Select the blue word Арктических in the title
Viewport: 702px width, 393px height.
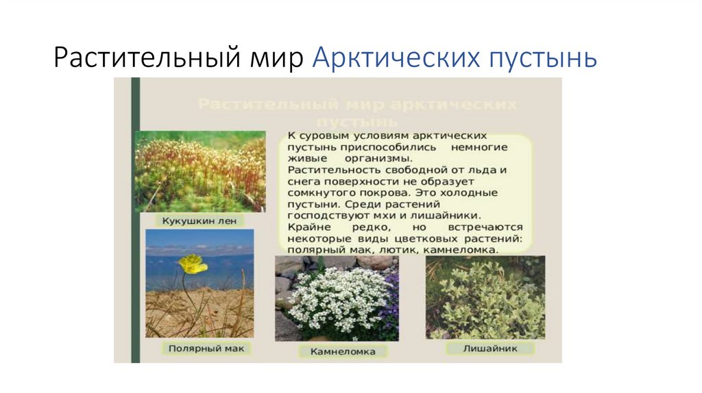(396, 58)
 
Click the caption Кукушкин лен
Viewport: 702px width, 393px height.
(194, 222)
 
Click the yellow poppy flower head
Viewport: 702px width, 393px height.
(193, 264)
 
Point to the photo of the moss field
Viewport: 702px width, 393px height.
(200, 171)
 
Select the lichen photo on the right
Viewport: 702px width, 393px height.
(485, 298)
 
